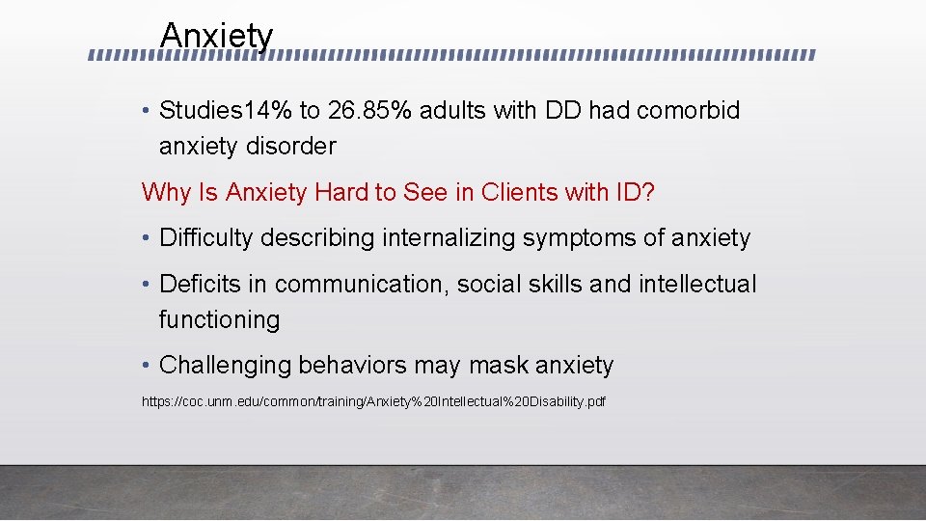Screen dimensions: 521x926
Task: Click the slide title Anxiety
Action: [217, 37]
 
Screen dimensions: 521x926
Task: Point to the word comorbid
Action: [688, 111]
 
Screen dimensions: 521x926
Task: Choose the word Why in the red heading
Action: [166, 192]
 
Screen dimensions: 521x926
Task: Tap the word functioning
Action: [219, 320]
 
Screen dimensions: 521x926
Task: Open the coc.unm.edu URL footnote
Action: [373, 400]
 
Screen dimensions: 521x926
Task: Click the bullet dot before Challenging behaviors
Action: [146, 366]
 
